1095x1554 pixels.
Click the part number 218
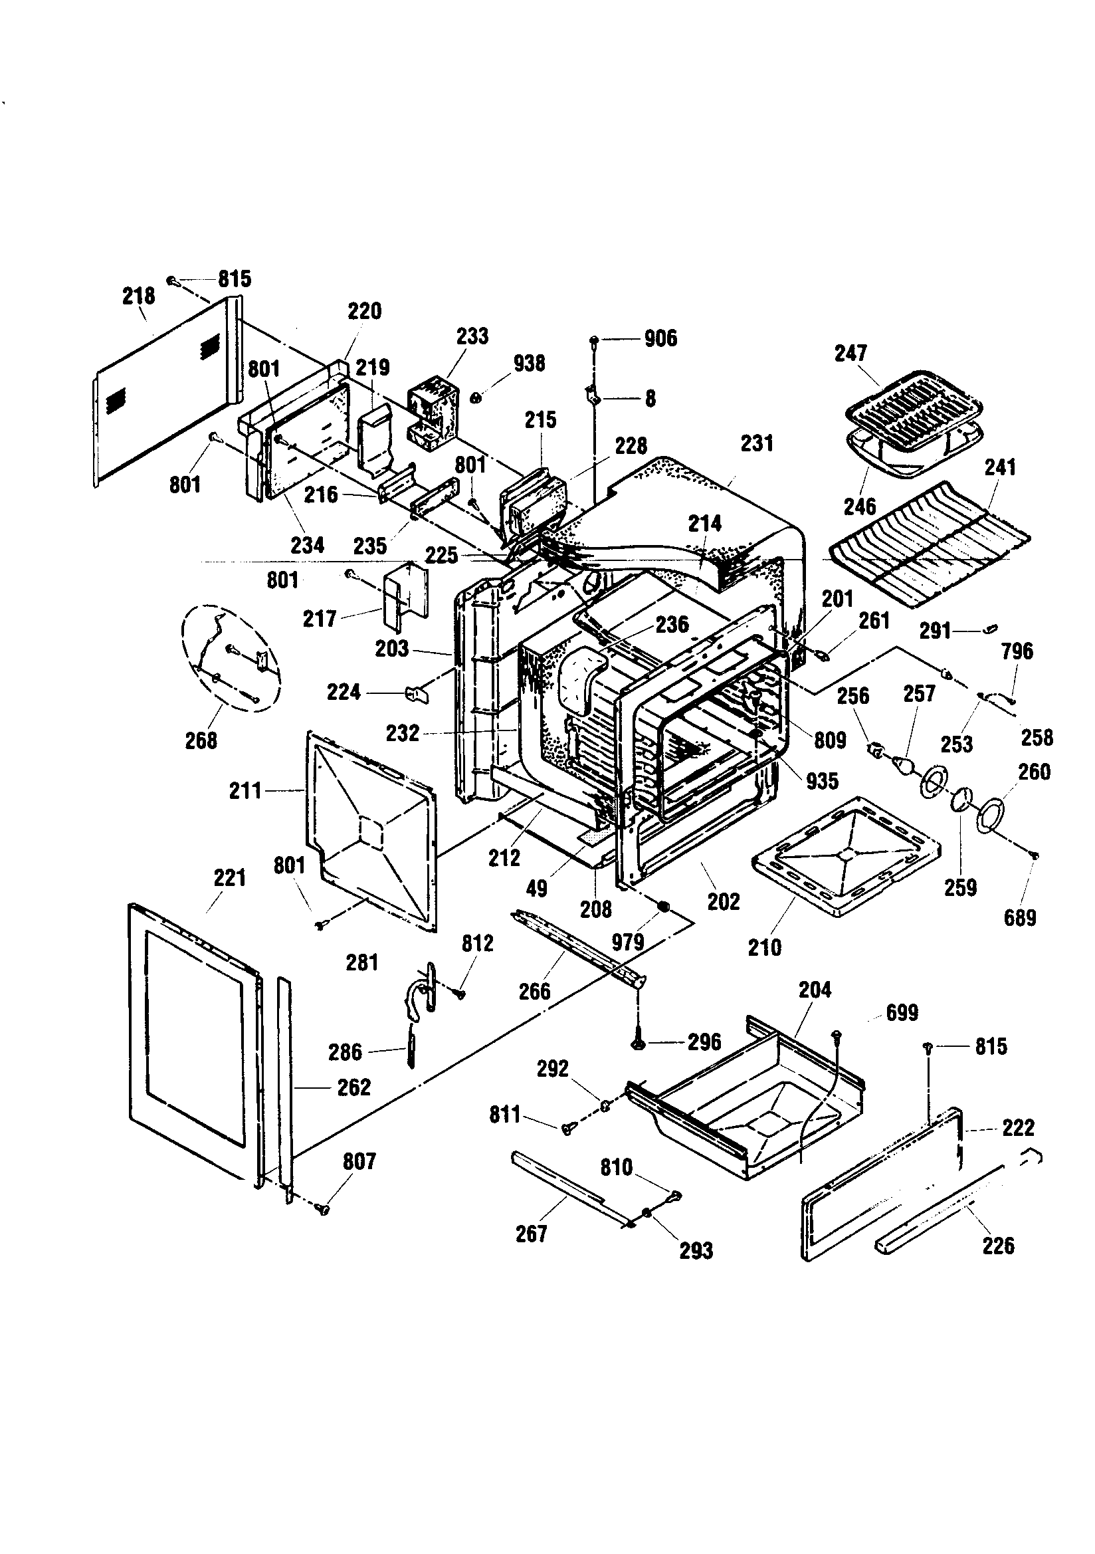(138, 296)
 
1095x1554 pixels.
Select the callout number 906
(660, 338)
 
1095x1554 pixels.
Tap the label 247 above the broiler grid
(850, 354)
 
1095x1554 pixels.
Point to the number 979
(627, 942)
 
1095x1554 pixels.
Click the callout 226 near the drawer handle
(998, 1245)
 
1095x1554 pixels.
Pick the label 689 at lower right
(1019, 918)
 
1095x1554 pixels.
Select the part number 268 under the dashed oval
(201, 740)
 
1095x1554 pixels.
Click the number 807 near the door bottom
(359, 1161)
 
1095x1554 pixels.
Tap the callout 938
(528, 364)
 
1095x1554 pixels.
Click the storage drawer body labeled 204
(751, 1110)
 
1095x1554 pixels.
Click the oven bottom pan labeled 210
(846, 856)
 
